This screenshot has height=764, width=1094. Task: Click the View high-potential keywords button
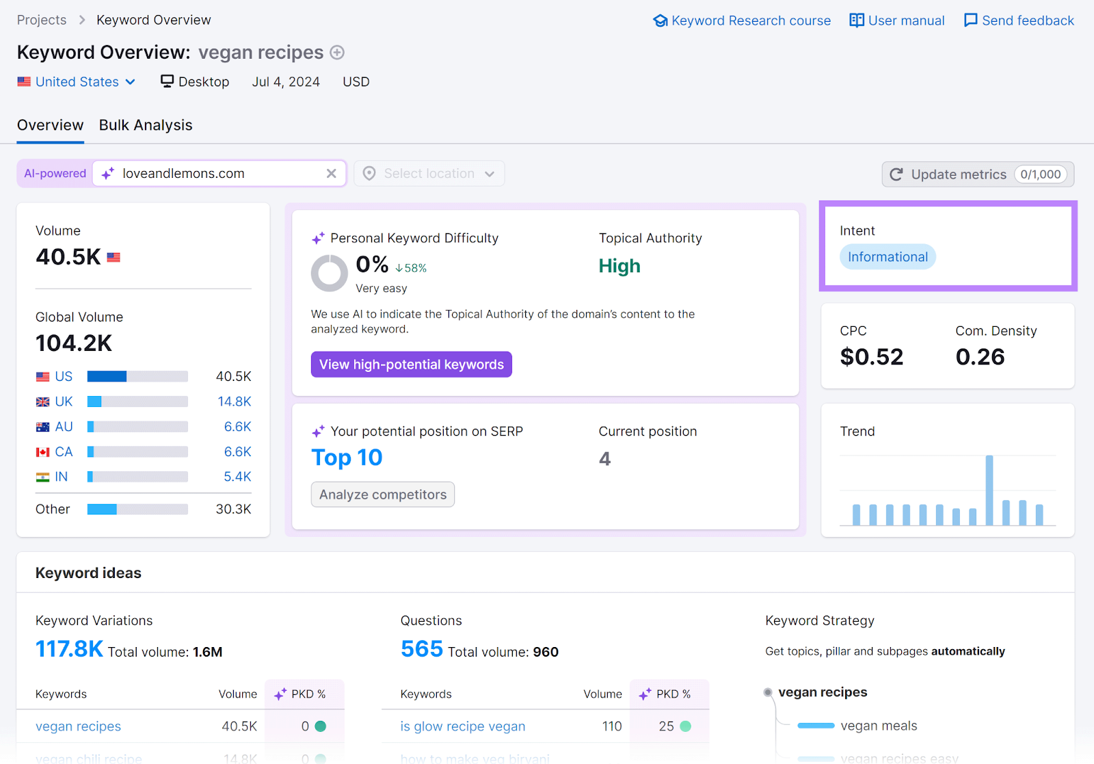(x=411, y=365)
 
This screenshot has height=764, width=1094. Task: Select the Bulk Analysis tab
(x=146, y=125)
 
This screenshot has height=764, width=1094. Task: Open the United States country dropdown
(x=77, y=82)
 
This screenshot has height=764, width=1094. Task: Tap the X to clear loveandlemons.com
(x=332, y=174)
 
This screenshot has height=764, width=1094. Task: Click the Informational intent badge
(x=888, y=257)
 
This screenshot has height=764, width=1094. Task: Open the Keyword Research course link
(x=743, y=21)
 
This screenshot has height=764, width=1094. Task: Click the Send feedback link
(x=1019, y=21)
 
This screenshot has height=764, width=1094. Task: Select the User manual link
(x=897, y=21)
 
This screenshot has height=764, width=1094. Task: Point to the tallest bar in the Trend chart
(x=989, y=489)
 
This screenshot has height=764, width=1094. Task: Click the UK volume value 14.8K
(x=234, y=401)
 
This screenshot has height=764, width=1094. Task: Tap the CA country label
(x=64, y=451)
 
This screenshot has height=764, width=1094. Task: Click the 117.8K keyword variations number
(x=69, y=649)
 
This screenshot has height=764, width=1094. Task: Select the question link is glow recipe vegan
(x=463, y=726)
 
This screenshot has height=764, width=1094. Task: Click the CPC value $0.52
(x=872, y=357)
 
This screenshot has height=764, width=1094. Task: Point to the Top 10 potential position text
(x=347, y=458)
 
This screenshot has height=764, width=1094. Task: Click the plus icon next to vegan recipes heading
(x=337, y=53)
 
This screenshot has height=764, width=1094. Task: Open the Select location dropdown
(x=429, y=174)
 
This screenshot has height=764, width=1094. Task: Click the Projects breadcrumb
(x=42, y=20)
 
